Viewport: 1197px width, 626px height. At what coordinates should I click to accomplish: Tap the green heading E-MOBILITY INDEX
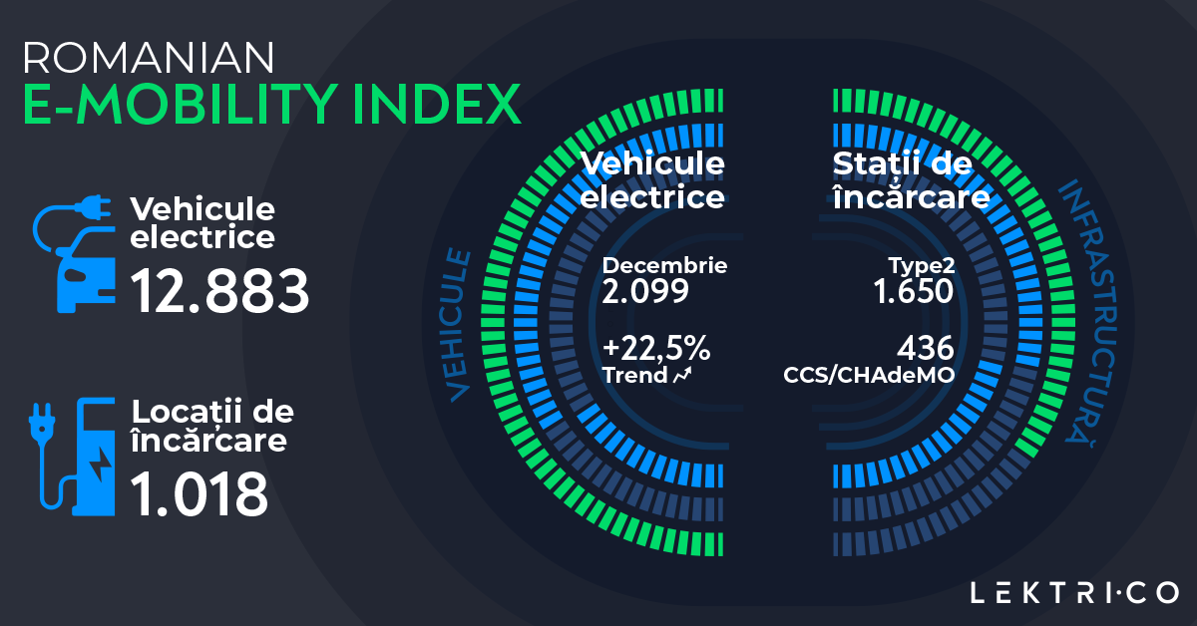tap(271, 104)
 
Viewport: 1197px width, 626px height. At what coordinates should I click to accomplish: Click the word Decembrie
tap(664, 266)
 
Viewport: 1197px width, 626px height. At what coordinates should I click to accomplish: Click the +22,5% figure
tap(656, 349)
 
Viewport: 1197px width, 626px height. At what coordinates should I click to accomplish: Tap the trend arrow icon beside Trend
tap(684, 376)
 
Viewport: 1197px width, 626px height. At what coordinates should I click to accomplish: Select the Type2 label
tap(922, 266)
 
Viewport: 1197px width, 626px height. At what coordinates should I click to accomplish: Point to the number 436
tap(925, 349)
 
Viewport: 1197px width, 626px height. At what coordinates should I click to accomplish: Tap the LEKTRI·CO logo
tap(1074, 593)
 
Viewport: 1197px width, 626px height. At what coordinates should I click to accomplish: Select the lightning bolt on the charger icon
tap(102, 465)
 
